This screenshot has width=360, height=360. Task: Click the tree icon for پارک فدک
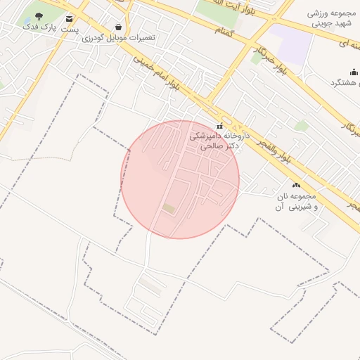pyautogui.click(x=39, y=16)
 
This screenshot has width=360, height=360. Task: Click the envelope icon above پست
pyautogui.click(x=69, y=18)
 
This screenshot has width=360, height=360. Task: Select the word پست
pyautogui.click(x=69, y=30)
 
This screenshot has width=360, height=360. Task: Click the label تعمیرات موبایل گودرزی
pyautogui.click(x=118, y=37)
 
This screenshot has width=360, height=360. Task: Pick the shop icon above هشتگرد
pyautogui.click(x=354, y=72)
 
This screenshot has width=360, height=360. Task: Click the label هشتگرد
pyautogui.click(x=345, y=83)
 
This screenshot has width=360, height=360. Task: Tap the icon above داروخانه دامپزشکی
pyautogui.click(x=219, y=126)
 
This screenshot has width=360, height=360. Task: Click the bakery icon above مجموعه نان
pyautogui.click(x=295, y=185)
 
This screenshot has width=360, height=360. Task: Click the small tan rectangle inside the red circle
pyautogui.click(x=169, y=208)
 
